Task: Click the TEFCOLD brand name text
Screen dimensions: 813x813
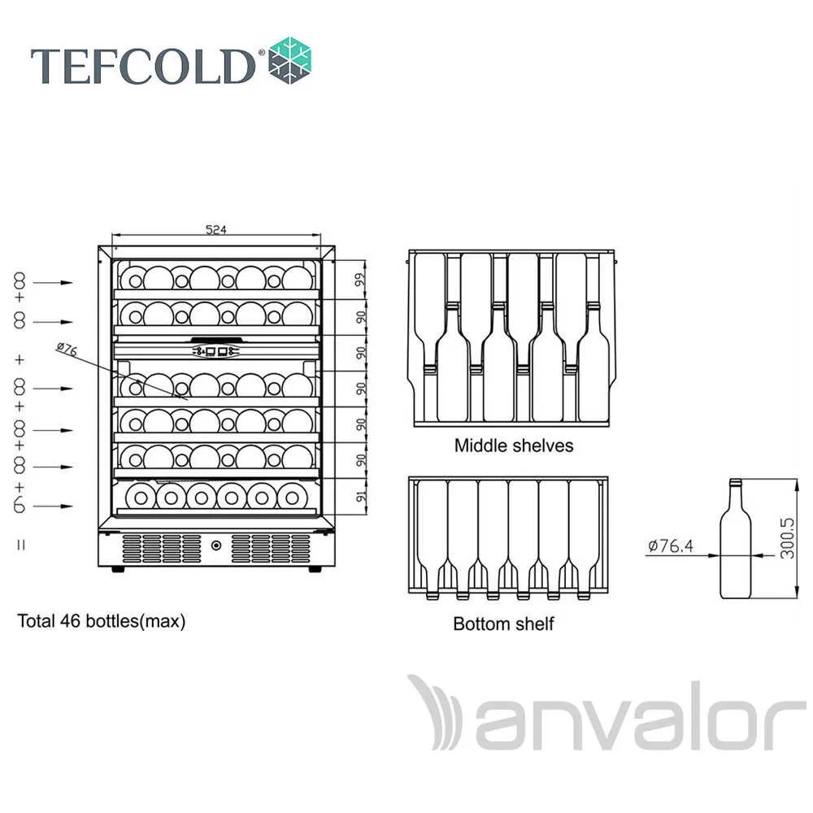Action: click(143, 66)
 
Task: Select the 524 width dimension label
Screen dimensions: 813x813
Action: click(216, 229)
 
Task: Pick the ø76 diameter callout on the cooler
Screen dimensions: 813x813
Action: click(67, 350)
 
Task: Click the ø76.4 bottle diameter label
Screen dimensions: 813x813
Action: click(671, 546)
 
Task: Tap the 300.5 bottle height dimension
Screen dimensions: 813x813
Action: click(786, 538)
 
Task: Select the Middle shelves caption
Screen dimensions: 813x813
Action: click(514, 446)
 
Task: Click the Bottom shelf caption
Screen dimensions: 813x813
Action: click(503, 624)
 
